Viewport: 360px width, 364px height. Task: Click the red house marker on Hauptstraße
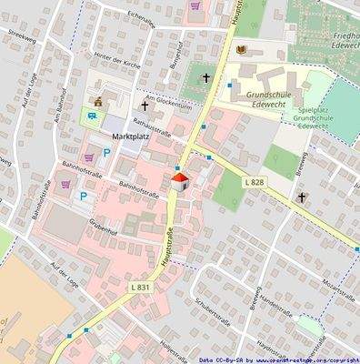click(180, 181)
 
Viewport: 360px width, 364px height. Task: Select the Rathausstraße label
click(154, 134)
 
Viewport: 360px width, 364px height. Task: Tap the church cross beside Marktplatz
click(143, 106)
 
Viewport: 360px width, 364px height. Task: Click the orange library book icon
click(241, 49)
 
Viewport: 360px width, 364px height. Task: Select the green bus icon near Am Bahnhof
click(91, 115)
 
